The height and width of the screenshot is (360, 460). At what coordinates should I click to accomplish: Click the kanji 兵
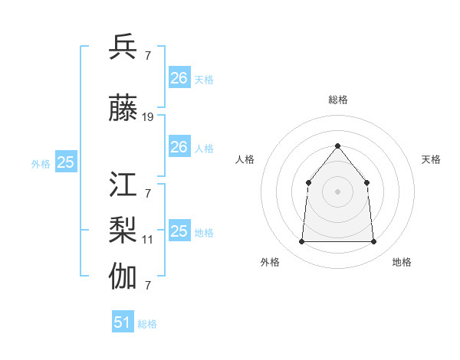[x=123, y=46]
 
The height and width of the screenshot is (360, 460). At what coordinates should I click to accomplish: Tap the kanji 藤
[x=123, y=110]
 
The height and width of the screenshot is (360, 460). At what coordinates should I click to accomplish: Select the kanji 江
[x=123, y=185]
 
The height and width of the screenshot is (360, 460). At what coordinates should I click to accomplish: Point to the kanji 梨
[x=123, y=230]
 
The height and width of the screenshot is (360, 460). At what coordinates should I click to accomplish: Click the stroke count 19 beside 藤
[x=148, y=117]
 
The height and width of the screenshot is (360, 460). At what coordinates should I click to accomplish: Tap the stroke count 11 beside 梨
[x=147, y=240]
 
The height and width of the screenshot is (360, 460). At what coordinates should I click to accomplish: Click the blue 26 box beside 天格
[x=179, y=78]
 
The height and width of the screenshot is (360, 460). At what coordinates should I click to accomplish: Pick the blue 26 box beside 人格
[x=179, y=147]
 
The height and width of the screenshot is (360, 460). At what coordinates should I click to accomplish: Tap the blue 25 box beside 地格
[x=179, y=231]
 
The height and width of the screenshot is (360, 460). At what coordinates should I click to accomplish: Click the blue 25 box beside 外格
[x=66, y=162]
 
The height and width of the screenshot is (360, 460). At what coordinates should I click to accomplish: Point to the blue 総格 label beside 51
[x=147, y=324]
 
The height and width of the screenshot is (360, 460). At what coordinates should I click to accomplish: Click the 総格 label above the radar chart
[x=337, y=100]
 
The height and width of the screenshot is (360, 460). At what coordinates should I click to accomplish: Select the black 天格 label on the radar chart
[x=431, y=159]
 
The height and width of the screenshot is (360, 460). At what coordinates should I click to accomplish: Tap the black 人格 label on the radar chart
[x=245, y=159]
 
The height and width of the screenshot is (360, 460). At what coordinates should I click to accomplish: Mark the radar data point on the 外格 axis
[x=301, y=242]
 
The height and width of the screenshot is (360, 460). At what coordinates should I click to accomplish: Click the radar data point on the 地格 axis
[x=373, y=242]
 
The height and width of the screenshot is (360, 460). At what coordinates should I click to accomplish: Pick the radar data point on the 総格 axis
[x=337, y=146]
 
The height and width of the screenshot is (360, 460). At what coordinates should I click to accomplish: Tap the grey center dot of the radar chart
[x=337, y=191]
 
